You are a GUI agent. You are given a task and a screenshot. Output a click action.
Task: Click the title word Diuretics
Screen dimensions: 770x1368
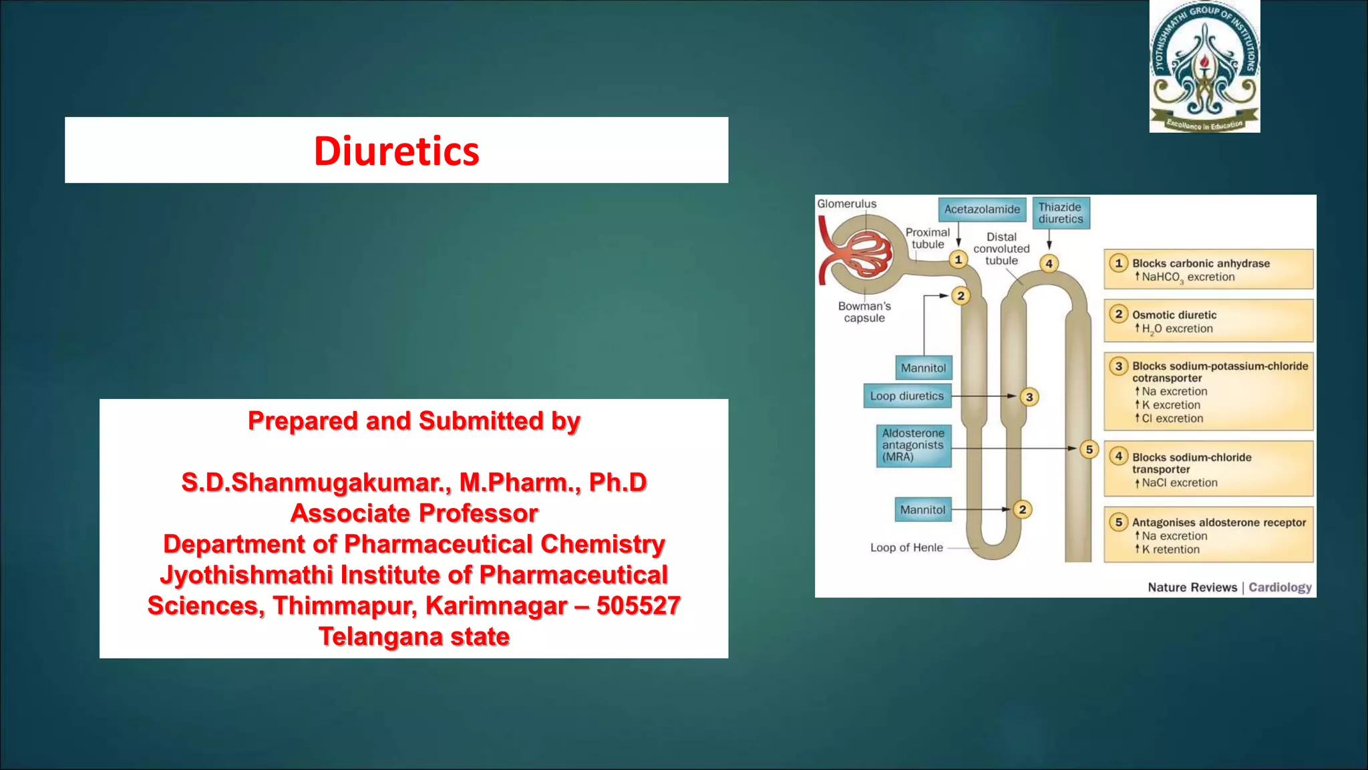[x=397, y=151]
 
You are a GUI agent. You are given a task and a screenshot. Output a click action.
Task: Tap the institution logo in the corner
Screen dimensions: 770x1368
[x=1204, y=67]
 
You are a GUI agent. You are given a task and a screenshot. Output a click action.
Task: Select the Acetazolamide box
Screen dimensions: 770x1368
[x=981, y=209]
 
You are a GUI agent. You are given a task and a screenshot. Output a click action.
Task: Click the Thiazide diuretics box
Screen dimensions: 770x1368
[x=1061, y=213]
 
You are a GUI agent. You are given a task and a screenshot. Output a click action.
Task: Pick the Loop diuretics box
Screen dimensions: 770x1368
[x=906, y=396]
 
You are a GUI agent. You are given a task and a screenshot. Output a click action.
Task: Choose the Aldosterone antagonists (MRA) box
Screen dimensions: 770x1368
[x=913, y=445]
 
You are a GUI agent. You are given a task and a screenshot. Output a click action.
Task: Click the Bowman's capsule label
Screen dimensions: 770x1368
[x=864, y=312]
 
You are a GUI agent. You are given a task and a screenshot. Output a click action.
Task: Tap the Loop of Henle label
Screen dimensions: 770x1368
[x=906, y=547]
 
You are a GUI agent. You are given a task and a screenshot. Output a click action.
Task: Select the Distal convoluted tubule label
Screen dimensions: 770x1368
[x=1001, y=249]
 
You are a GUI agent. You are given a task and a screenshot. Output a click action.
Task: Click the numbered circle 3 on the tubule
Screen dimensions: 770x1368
[x=1029, y=397]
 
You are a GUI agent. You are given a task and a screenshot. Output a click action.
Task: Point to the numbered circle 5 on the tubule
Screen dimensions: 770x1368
[x=1089, y=449]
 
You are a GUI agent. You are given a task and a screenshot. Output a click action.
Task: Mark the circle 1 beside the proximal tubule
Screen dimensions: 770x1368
[x=958, y=259]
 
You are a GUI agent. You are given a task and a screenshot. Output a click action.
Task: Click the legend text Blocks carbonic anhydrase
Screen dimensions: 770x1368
[x=1200, y=263]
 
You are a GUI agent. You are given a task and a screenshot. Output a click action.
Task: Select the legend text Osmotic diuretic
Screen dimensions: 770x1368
[x=1174, y=315]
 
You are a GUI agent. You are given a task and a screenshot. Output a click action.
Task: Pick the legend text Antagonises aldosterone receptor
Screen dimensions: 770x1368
[x=1218, y=523]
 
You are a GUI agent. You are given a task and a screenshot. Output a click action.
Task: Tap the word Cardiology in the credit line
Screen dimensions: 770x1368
[x=1280, y=587]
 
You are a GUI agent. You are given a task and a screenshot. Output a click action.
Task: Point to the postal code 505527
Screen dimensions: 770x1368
[x=638, y=606]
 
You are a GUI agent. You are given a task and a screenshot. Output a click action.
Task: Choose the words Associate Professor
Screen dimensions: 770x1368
[x=414, y=513]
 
